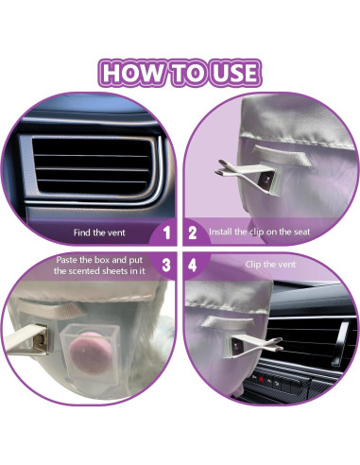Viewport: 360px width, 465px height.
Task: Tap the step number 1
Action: tap(166, 232)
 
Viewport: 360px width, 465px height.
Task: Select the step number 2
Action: tap(193, 232)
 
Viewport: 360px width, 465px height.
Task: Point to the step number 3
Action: tap(166, 266)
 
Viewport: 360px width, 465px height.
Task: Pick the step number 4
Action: tap(193, 266)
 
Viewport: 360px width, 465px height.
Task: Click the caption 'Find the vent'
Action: tap(99, 232)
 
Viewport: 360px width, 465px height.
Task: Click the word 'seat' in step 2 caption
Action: tap(302, 232)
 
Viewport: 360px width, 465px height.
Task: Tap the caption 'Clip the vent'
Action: tap(270, 264)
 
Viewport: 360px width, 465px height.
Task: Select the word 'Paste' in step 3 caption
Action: tap(66, 260)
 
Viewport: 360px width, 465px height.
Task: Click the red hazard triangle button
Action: tap(261, 378)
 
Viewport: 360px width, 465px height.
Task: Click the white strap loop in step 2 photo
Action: tap(283, 155)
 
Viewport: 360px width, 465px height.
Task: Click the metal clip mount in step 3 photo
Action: tap(42, 339)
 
